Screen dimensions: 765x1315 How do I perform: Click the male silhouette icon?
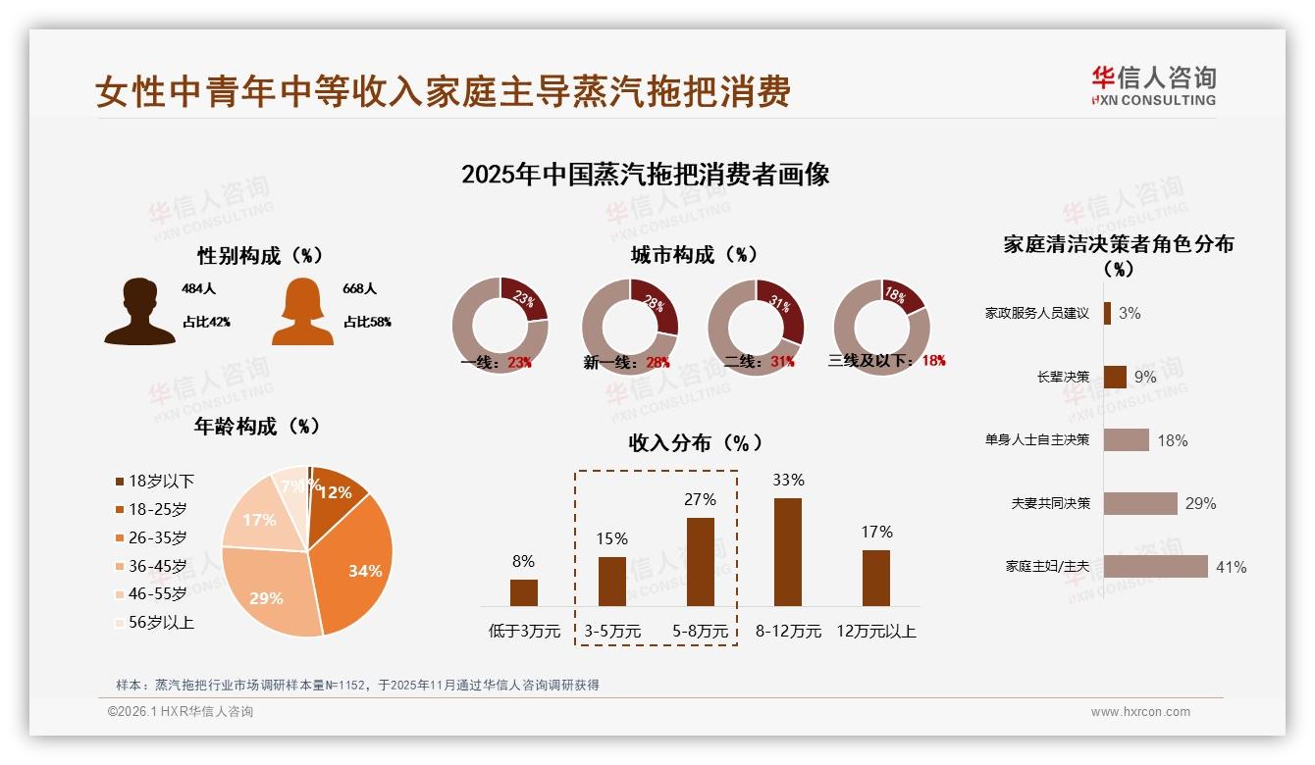pos(139,312)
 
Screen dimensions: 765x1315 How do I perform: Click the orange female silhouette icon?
pos(302,312)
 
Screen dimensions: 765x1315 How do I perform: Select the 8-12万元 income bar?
pos(788,551)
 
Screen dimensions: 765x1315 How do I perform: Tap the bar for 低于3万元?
pos(524,592)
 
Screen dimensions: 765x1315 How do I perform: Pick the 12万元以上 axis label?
pos(876,632)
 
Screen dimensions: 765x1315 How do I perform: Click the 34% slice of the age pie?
pos(358,564)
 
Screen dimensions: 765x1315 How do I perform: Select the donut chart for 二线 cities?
pos(756,327)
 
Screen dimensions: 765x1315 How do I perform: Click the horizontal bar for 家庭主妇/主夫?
pos(1155,567)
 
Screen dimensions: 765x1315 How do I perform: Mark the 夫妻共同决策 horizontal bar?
pos(1140,503)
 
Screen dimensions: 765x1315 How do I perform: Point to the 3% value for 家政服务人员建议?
pos(1130,313)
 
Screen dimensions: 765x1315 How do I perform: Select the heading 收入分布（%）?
pos(696,442)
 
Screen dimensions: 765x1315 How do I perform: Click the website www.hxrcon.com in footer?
pos(1140,712)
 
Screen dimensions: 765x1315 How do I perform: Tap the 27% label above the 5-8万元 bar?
pos(701,499)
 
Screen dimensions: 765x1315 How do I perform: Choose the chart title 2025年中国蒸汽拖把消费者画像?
pos(645,175)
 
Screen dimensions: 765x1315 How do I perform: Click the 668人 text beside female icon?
pos(360,289)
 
